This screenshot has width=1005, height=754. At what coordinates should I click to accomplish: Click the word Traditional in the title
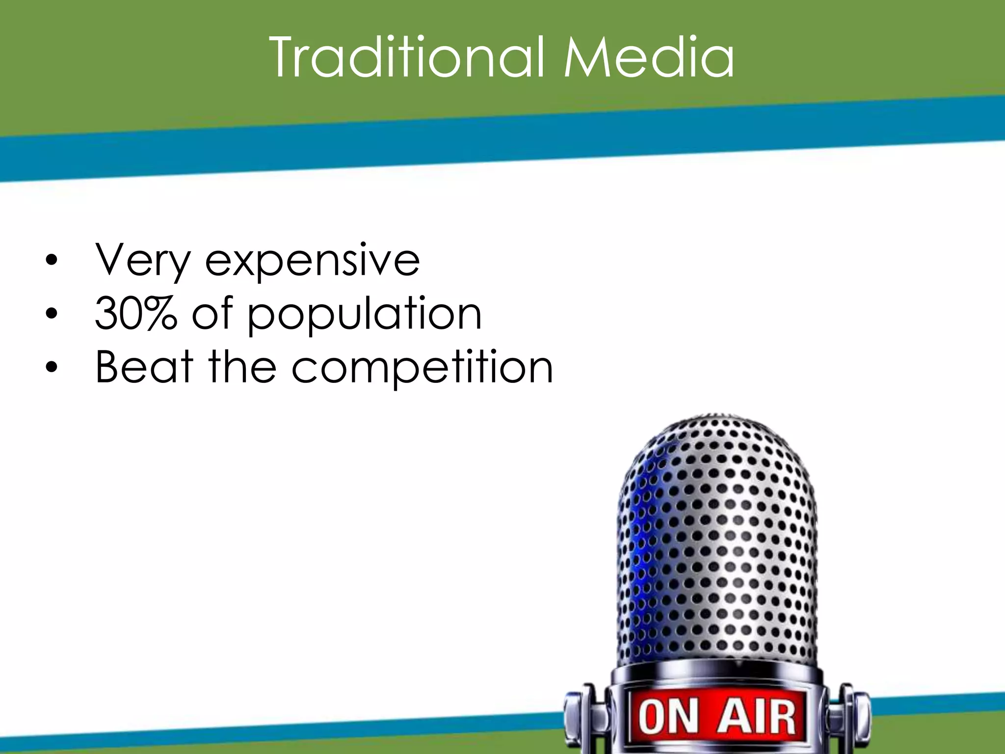click(407, 58)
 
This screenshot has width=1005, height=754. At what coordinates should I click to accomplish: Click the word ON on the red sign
click(668, 717)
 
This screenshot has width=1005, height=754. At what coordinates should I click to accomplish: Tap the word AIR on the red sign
click(756, 717)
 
